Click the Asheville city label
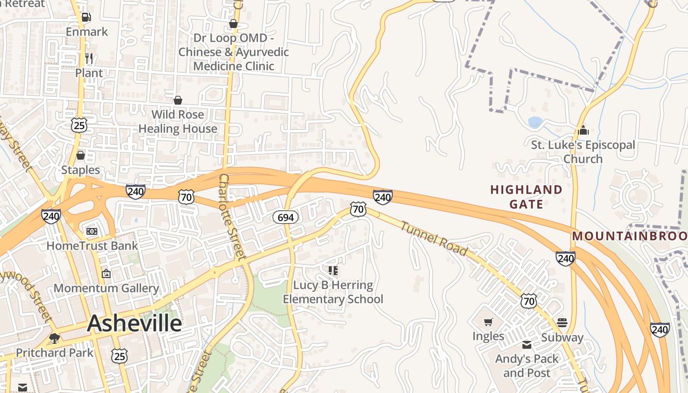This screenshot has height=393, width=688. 135,323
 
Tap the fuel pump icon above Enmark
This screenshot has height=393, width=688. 86,17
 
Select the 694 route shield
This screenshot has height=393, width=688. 286,217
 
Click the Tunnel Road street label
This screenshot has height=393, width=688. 433,239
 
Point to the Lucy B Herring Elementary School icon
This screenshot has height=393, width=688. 333,271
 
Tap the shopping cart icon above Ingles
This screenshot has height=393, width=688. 488,322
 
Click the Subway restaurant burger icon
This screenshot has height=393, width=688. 562,323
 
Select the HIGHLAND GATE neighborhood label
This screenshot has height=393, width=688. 526,196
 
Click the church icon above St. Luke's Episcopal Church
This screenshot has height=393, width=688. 583,130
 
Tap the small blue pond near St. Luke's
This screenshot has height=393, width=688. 535,121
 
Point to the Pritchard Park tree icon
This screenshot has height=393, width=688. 55,338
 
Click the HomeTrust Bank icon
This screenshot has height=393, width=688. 92,231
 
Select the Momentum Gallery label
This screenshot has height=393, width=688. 106,288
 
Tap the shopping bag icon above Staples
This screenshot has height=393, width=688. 81,155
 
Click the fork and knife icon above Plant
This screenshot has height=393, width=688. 89,58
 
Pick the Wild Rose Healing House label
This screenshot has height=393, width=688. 177,121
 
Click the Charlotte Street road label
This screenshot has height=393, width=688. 231,216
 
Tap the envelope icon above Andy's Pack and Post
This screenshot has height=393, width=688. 527,344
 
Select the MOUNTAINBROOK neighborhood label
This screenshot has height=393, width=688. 629,236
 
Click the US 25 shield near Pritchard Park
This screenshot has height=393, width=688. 119,356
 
